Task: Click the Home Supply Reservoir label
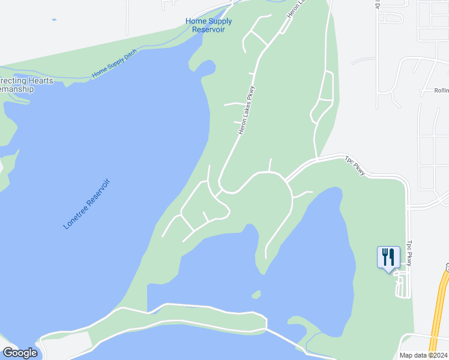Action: (208, 25)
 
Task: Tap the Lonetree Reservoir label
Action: (87, 203)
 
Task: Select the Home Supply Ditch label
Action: (114, 63)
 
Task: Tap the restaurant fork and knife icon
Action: (387, 257)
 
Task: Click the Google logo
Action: (20, 353)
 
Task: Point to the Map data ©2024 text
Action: (423, 355)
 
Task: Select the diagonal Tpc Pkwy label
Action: (355, 166)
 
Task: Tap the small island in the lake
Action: (256, 295)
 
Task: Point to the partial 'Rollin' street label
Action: (441, 91)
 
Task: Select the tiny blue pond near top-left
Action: (54, 20)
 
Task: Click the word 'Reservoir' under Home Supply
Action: (208, 29)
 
